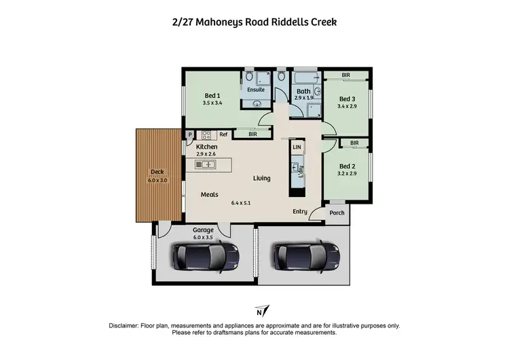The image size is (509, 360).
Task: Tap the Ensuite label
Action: (x=256, y=90)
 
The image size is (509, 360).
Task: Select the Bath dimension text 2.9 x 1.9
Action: (x=303, y=98)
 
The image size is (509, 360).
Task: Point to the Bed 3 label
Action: (x=347, y=99)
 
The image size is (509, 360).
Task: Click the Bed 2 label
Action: (x=347, y=166)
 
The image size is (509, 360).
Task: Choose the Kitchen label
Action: (x=206, y=147)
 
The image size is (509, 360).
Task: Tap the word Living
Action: (x=262, y=179)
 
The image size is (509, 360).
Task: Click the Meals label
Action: (x=209, y=195)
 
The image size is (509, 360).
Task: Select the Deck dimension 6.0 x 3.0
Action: (x=157, y=180)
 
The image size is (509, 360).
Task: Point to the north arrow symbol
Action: (x=259, y=312)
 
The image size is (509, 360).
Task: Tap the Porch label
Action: (x=337, y=213)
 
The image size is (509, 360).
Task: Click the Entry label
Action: (x=300, y=212)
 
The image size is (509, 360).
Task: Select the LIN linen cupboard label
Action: (x=297, y=147)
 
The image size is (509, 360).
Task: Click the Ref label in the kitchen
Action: (x=223, y=134)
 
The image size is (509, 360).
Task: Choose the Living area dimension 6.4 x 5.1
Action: (x=241, y=202)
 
